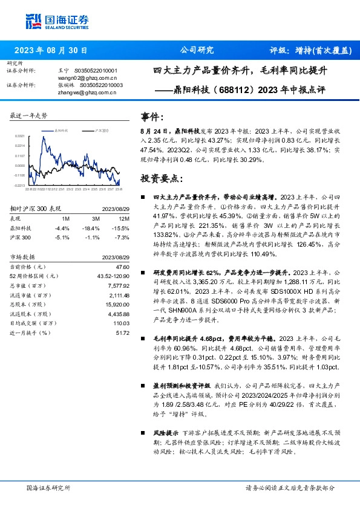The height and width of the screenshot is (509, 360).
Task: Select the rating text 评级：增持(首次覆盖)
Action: [309, 51]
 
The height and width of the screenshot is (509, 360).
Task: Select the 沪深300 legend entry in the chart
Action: [100, 129]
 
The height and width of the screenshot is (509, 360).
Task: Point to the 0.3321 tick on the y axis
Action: [19, 136]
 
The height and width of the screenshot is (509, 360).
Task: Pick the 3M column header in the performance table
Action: [96, 218]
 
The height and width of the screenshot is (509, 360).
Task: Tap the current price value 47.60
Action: [122, 266]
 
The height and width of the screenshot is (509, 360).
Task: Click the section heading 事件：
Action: [151, 117]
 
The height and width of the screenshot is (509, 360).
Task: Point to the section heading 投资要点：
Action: [159, 179]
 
